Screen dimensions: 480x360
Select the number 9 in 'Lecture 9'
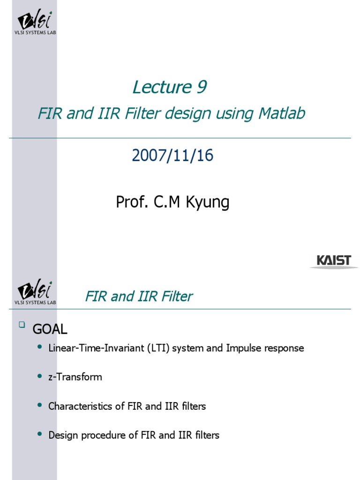click(201, 87)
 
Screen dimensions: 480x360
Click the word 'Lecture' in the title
click(159, 87)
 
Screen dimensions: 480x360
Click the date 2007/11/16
click(172, 156)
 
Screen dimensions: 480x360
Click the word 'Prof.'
click(130, 202)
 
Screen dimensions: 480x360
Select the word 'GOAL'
click(50, 330)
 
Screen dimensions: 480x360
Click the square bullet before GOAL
click(21, 324)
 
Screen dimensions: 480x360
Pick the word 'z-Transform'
click(75, 377)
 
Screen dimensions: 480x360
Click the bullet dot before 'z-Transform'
click(39, 376)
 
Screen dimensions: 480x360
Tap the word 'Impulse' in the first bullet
click(244, 348)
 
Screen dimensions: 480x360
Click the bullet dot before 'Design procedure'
click(39, 435)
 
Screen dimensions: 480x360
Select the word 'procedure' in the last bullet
click(100, 435)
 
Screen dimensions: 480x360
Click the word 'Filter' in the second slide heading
click(176, 296)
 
